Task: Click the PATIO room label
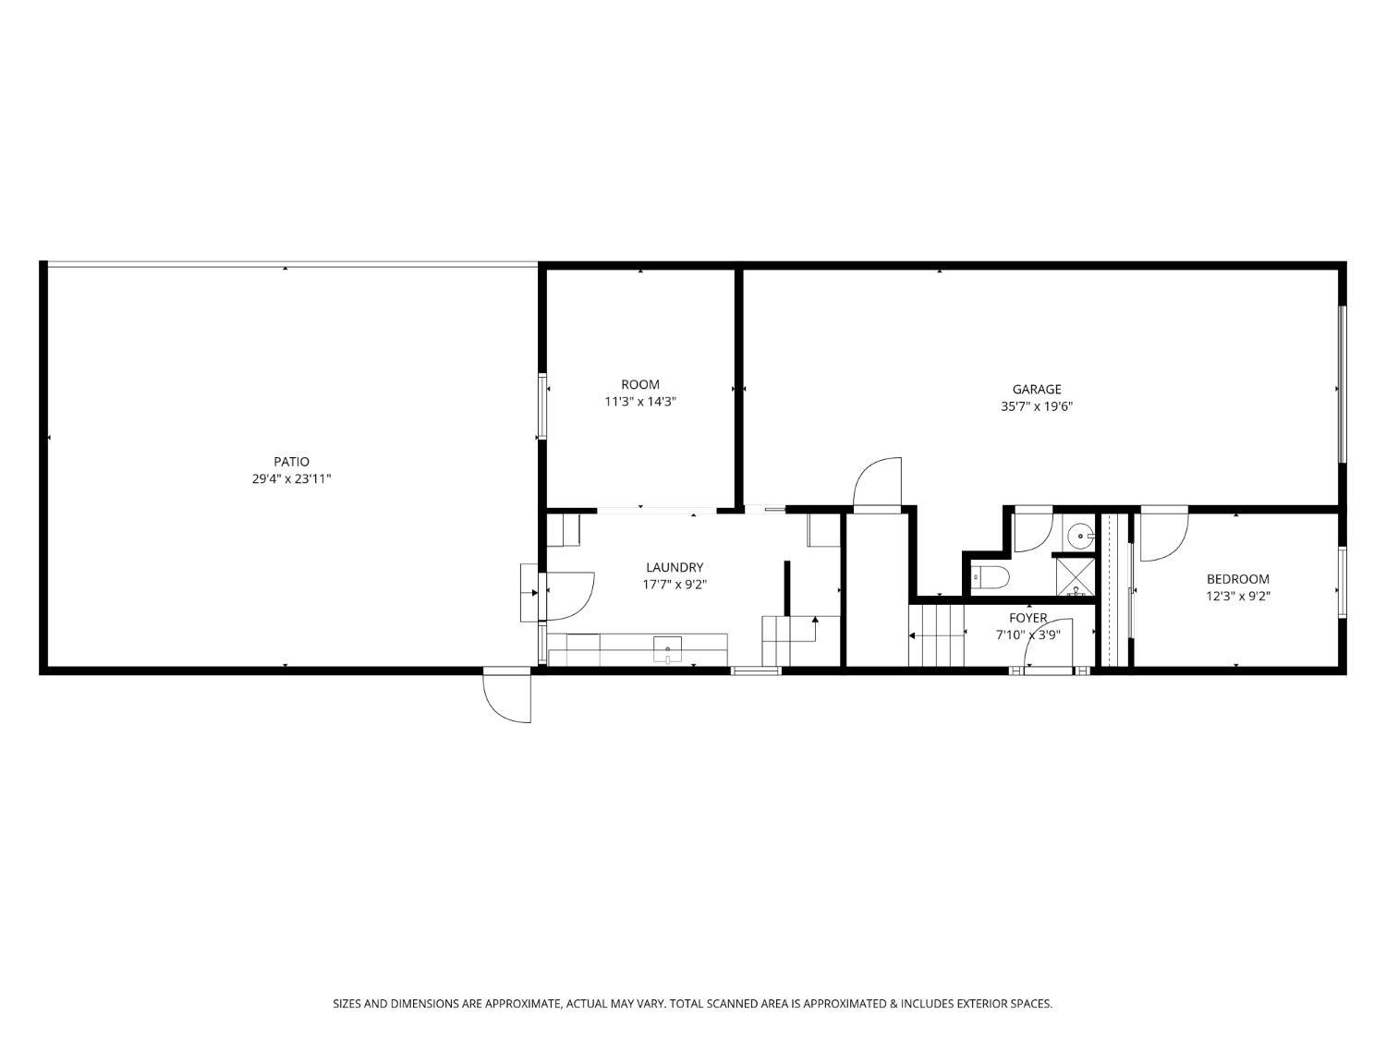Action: click(x=291, y=462)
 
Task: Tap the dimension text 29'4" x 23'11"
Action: click(x=291, y=479)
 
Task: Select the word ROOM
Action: click(x=639, y=384)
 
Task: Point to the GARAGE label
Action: click(x=1036, y=389)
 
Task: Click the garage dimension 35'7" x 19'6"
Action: click(x=1036, y=406)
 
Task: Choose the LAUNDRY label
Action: click(x=675, y=567)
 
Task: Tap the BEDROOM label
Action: click(x=1237, y=579)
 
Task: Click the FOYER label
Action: click(x=1027, y=618)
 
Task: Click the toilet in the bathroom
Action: click(x=989, y=578)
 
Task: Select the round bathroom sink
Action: click(x=1078, y=535)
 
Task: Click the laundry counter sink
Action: click(x=667, y=649)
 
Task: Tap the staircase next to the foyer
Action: click(x=936, y=634)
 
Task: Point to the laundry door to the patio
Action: click(x=568, y=596)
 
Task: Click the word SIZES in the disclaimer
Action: click(x=347, y=1003)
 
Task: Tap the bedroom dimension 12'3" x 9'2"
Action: click(x=1237, y=597)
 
